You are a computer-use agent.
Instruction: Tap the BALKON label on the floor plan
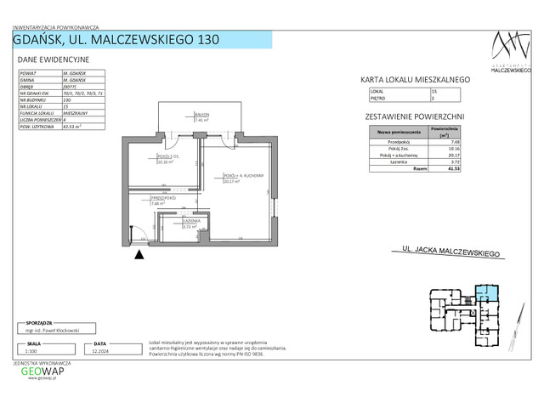click(x=201, y=116)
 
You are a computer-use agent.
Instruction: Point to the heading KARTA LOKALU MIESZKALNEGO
click(x=416, y=80)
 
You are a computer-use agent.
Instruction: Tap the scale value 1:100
click(x=31, y=350)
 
